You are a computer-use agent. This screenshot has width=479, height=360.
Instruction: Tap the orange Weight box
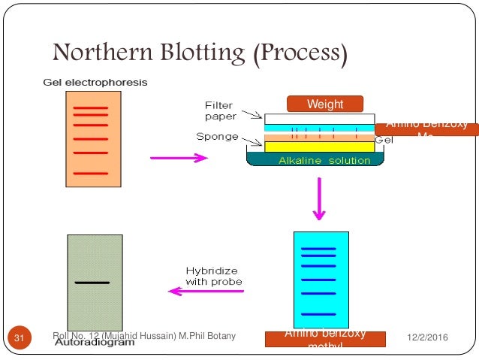pyautogui.click(x=325, y=104)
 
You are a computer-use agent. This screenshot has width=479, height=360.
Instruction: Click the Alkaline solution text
pyautogui.click(x=324, y=160)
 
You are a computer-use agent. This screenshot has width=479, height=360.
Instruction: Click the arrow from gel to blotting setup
pyautogui.click(x=179, y=158)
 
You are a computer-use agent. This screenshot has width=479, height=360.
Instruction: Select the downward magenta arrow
pyautogui.click(x=319, y=198)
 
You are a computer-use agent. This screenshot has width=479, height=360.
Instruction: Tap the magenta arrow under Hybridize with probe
pyautogui.click(x=204, y=290)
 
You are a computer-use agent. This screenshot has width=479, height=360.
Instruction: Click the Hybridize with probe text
pyautogui.click(x=214, y=276)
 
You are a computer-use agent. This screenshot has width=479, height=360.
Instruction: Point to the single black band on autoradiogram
pyautogui.click(x=93, y=283)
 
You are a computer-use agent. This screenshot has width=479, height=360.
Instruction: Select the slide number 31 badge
pyautogui.click(x=20, y=339)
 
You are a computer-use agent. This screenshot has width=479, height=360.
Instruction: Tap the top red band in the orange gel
pyautogui.click(x=91, y=107)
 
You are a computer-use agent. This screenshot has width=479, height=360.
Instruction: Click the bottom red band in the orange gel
pyautogui.click(x=91, y=174)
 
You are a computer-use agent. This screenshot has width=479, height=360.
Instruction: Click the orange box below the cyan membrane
pyautogui.click(x=325, y=339)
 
